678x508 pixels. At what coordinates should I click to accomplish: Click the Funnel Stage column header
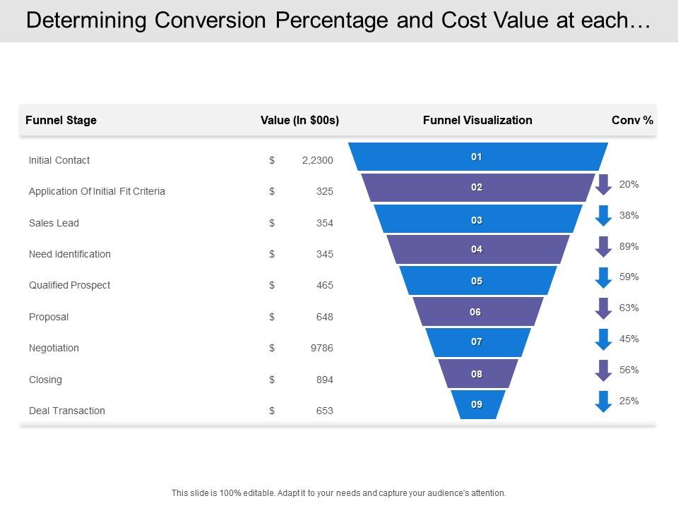(61, 120)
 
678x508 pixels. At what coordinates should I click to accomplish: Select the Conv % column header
(632, 120)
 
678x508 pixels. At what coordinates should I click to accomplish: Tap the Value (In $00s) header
(299, 120)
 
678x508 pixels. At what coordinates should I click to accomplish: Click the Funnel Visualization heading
(477, 120)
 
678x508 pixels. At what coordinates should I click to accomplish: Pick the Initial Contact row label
(59, 160)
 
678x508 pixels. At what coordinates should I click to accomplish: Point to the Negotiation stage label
(54, 348)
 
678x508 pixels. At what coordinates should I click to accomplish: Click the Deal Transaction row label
(66, 411)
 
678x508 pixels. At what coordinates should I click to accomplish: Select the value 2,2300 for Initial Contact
(317, 160)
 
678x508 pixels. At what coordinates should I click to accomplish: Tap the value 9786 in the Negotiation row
(321, 348)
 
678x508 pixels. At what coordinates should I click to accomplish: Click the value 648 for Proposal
(324, 317)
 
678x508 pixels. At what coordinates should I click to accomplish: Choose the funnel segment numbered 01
(477, 157)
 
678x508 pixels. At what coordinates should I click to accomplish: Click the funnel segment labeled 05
(477, 281)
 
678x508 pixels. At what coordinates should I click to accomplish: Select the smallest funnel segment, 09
(477, 404)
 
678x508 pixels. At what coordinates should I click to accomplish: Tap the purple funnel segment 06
(477, 312)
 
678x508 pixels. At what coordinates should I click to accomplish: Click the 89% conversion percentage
(629, 246)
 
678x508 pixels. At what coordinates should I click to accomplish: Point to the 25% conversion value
(629, 401)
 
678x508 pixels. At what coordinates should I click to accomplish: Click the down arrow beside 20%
(603, 184)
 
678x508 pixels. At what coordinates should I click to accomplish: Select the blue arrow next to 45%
(603, 339)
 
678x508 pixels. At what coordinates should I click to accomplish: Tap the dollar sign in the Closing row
(272, 380)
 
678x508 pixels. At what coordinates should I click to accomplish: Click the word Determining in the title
(88, 21)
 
